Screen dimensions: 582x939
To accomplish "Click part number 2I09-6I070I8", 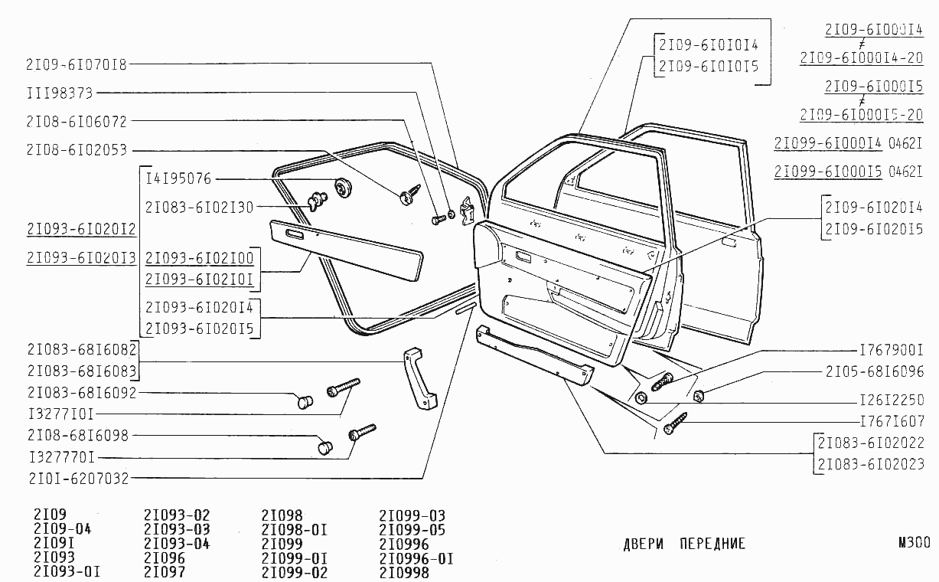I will (76, 64).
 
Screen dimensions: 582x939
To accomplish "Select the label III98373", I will (59, 93).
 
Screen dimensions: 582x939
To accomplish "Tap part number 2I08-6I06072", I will (76, 121).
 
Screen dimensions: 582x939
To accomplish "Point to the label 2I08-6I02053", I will (76, 149).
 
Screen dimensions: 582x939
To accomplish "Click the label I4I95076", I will (178, 178).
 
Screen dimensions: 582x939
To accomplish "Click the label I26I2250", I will (892, 400).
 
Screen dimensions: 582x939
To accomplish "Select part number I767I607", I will (892, 420).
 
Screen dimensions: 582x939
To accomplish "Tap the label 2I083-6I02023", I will (877, 463).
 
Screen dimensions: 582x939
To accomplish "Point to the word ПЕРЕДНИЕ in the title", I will (712, 544).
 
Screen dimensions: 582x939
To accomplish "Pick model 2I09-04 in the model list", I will (63, 529).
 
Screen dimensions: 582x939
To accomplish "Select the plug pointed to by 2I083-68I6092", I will (305, 400).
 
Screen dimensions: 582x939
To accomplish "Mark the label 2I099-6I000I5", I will (828, 172).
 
